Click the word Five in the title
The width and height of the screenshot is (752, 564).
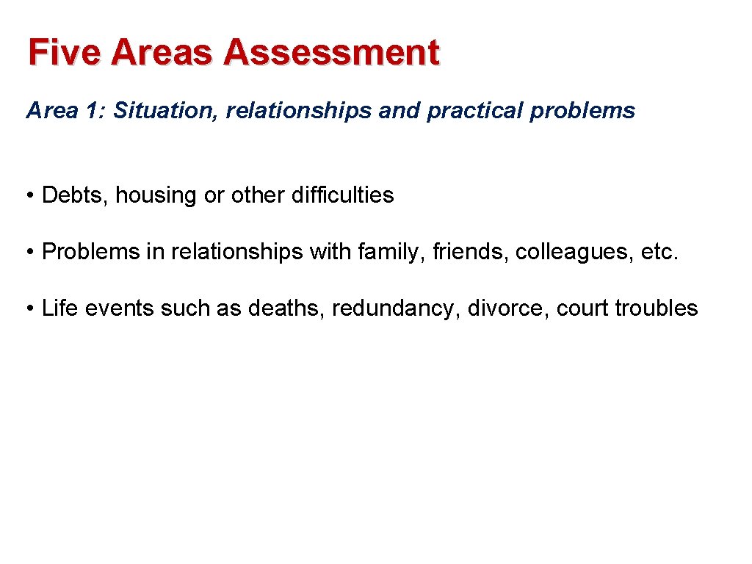tap(62, 53)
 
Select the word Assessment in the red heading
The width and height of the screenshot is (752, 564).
tap(332, 53)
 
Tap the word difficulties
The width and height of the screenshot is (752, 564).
tap(342, 195)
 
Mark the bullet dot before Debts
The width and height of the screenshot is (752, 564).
tap(31, 196)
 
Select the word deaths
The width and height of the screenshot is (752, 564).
tap(286, 308)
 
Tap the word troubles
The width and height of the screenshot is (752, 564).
tap(657, 308)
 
